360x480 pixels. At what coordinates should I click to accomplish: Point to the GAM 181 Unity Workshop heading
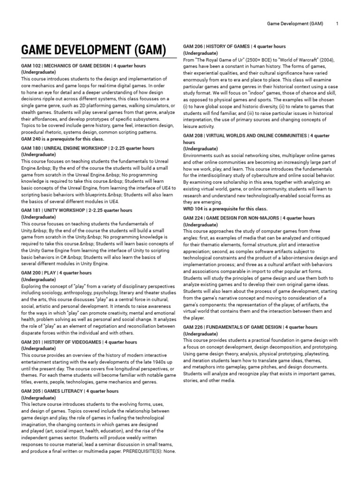click(77, 210)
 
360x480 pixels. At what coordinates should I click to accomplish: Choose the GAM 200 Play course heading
click(56, 273)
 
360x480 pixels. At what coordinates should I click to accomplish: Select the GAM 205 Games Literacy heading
click(70, 391)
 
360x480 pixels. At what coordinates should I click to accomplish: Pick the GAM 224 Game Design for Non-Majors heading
click(249, 218)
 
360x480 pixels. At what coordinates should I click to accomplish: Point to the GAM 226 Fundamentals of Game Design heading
click(250, 327)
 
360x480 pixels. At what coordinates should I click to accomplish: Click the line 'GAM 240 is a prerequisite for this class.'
click(62, 139)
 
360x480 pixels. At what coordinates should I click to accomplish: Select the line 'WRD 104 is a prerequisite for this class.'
click(225, 209)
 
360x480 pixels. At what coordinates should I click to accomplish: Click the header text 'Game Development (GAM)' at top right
click(294, 23)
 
